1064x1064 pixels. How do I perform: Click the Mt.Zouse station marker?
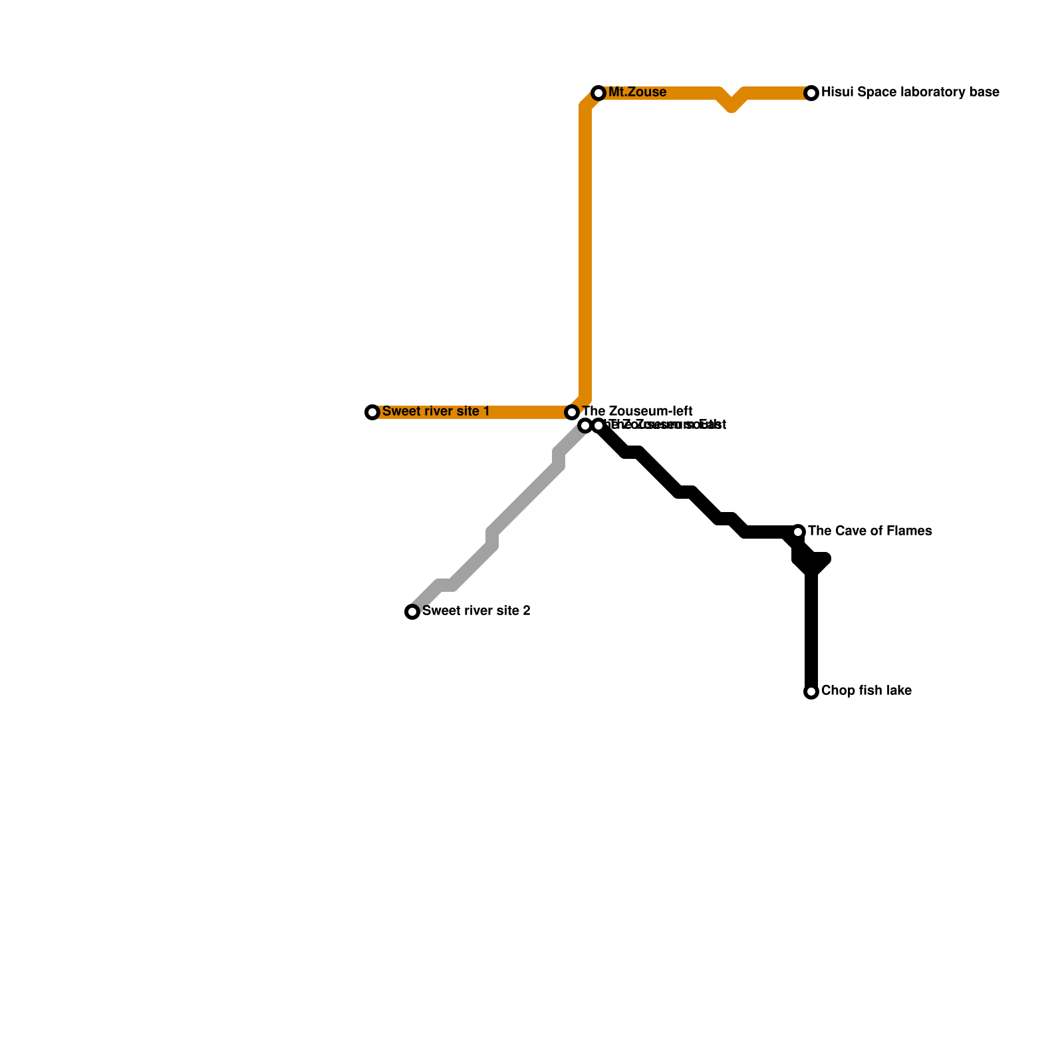tap(598, 93)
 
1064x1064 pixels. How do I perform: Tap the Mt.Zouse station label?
tap(637, 92)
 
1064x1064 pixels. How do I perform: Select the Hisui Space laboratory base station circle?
tap(811, 93)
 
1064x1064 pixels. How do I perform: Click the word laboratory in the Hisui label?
tap(915, 92)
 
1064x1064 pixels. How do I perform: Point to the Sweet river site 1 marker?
tap(372, 412)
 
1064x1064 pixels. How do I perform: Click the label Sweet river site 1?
tap(436, 412)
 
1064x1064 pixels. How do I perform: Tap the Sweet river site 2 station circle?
tap(412, 612)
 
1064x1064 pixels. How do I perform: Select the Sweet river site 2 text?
tap(475, 611)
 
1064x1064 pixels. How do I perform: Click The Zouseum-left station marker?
tap(572, 412)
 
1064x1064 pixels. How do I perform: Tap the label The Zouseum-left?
tap(637, 412)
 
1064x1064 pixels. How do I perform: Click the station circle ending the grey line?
tap(585, 426)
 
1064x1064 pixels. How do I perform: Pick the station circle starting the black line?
tap(598, 426)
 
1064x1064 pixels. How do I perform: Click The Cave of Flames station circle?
tap(798, 532)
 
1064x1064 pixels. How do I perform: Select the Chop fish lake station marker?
tap(811, 692)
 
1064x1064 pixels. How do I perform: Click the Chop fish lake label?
tap(866, 691)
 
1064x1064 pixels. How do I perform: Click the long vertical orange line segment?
tap(585, 253)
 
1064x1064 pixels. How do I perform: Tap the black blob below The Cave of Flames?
tap(811, 562)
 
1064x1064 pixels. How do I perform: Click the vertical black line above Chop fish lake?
tap(811, 632)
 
